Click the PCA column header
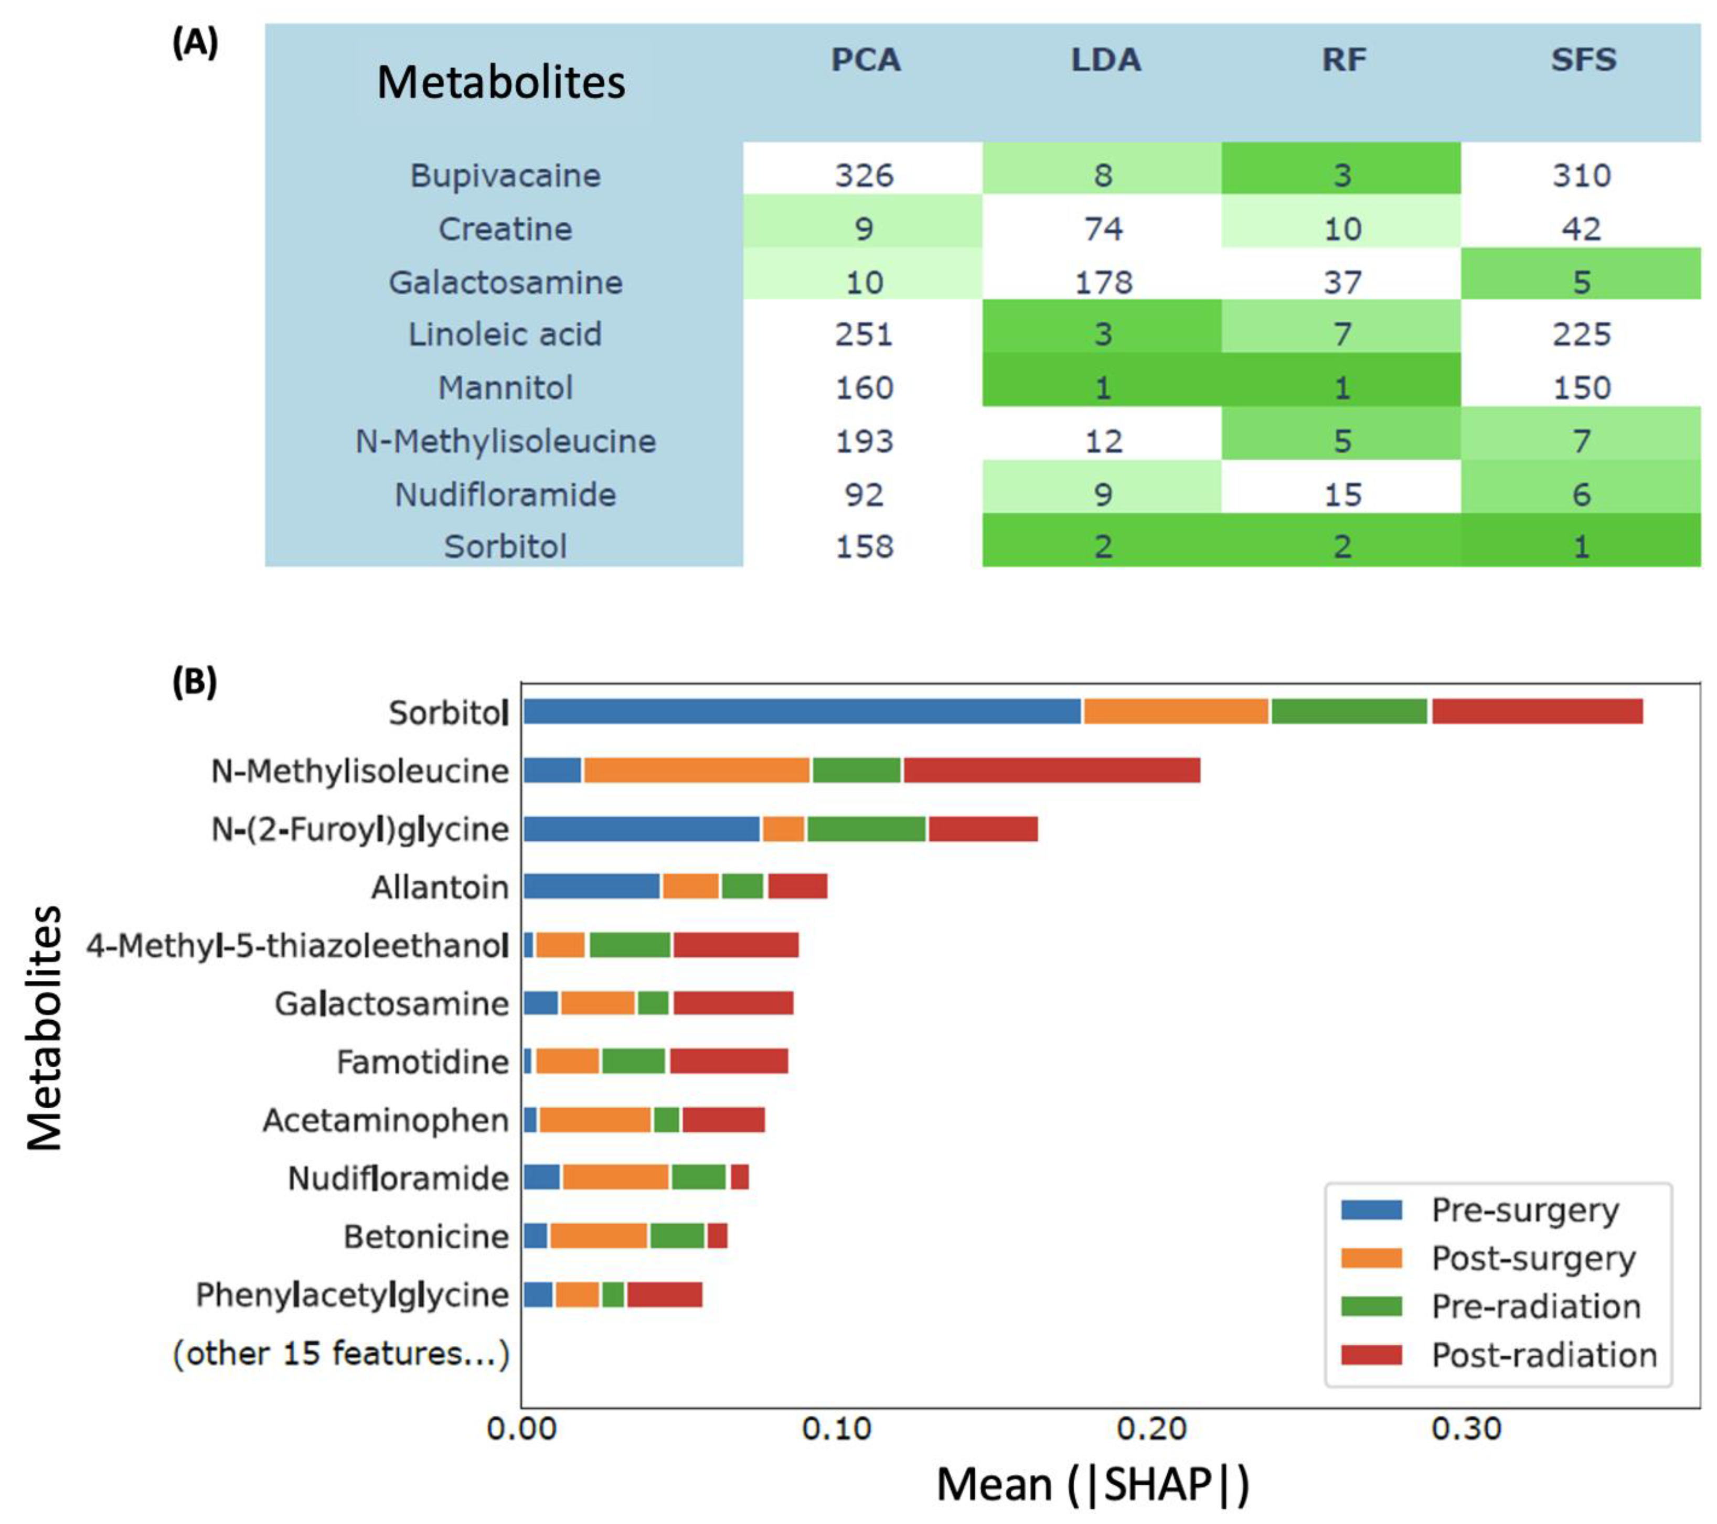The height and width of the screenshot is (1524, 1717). coord(865,60)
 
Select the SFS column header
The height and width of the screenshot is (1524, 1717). coord(1583,60)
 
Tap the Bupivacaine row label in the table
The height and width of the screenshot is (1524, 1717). coord(505,176)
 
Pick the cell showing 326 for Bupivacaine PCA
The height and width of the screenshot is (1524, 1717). coord(863,176)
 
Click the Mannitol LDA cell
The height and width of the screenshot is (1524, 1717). coord(1102,387)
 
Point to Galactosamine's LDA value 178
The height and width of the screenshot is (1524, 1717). coord(1103,282)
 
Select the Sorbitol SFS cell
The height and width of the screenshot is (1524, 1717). coord(1581,547)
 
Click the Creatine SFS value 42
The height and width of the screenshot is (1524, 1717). coord(1581,229)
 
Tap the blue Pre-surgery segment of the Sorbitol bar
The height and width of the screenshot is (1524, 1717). coord(802,711)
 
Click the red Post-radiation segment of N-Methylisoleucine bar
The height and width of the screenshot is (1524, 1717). coord(1051,770)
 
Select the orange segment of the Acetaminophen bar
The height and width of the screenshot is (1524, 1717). coord(595,1119)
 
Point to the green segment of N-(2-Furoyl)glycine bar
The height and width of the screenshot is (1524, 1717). coord(866,829)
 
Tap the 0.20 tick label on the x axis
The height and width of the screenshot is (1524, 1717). coord(1151,1428)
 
